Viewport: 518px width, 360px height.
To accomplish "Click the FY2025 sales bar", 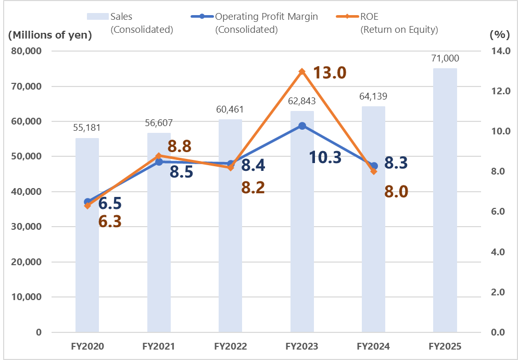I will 445,200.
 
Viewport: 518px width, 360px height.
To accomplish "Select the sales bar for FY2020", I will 87,235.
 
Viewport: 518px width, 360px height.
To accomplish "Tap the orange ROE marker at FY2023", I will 302,71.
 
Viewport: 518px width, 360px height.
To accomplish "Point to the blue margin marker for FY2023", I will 302,126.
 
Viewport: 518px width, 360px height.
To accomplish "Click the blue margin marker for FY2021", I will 159,162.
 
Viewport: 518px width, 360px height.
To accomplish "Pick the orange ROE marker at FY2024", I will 374,171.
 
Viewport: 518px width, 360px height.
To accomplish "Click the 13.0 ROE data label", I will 330,72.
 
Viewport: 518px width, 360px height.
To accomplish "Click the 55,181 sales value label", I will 87,128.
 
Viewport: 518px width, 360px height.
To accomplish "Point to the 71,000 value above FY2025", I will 445,58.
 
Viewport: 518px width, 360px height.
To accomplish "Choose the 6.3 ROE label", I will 110,221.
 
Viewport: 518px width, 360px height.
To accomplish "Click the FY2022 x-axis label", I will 230,346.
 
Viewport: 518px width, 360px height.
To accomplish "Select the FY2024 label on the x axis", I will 373,346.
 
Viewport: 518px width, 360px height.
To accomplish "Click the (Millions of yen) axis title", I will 50,35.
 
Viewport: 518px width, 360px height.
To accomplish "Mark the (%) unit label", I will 499,35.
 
